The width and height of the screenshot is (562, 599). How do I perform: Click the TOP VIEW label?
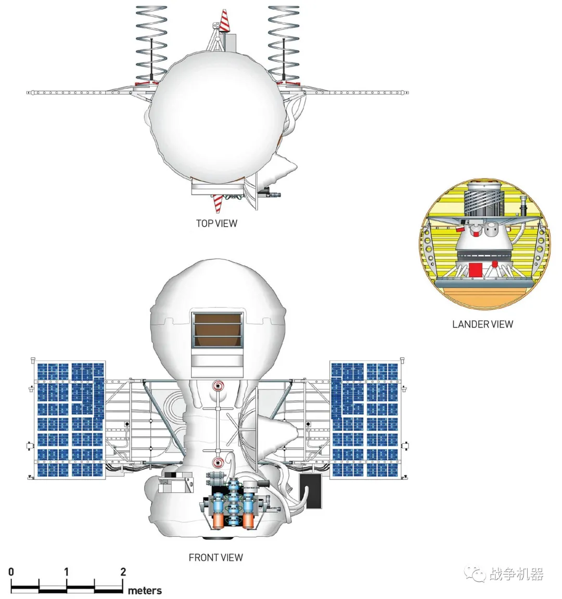click(x=216, y=223)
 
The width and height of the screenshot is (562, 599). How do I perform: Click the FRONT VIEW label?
click(x=215, y=557)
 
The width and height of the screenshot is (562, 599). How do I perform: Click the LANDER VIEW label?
click(x=482, y=324)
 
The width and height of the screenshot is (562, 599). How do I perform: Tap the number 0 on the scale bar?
click(x=11, y=572)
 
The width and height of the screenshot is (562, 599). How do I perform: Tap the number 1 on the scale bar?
click(x=67, y=572)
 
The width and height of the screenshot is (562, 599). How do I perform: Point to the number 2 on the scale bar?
click(x=123, y=572)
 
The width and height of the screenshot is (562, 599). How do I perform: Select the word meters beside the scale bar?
click(x=145, y=591)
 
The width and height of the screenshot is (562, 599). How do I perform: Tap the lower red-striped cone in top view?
click(x=218, y=202)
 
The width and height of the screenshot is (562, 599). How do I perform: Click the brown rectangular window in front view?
click(x=217, y=330)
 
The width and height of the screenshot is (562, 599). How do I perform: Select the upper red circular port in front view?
click(x=218, y=386)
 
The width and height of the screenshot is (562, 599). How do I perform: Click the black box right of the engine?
click(x=311, y=490)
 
